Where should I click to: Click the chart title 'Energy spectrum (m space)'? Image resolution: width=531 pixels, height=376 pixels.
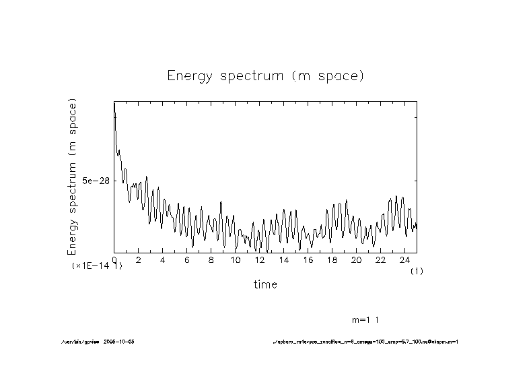click(265, 76)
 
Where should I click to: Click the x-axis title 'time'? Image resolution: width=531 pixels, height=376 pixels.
click(265, 284)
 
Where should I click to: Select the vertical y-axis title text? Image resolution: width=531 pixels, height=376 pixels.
click(72, 177)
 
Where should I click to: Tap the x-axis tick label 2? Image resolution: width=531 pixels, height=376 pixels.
click(139, 259)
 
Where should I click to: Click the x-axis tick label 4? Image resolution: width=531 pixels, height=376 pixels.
click(163, 259)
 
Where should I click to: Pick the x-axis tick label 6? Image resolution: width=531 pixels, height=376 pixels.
click(187, 259)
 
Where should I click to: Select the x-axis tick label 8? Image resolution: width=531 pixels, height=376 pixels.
click(211, 259)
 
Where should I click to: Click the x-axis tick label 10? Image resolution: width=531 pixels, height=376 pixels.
click(236, 259)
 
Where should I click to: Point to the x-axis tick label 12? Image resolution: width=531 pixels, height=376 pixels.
click(260, 259)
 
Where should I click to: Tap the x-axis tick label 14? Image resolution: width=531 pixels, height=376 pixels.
click(284, 259)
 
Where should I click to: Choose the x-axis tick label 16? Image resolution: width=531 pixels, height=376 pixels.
click(308, 259)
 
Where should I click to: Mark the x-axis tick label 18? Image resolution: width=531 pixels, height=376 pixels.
click(332, 259)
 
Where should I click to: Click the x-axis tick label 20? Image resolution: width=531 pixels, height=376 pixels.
click(357, 259)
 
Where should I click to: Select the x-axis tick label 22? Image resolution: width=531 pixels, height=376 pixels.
click(381, 259)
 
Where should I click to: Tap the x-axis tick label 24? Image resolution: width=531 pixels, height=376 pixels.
click(405, 259)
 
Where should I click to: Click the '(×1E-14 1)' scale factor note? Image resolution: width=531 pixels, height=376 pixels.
click(97, 267)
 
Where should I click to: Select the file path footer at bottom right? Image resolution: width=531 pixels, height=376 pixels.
click(365, 342)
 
